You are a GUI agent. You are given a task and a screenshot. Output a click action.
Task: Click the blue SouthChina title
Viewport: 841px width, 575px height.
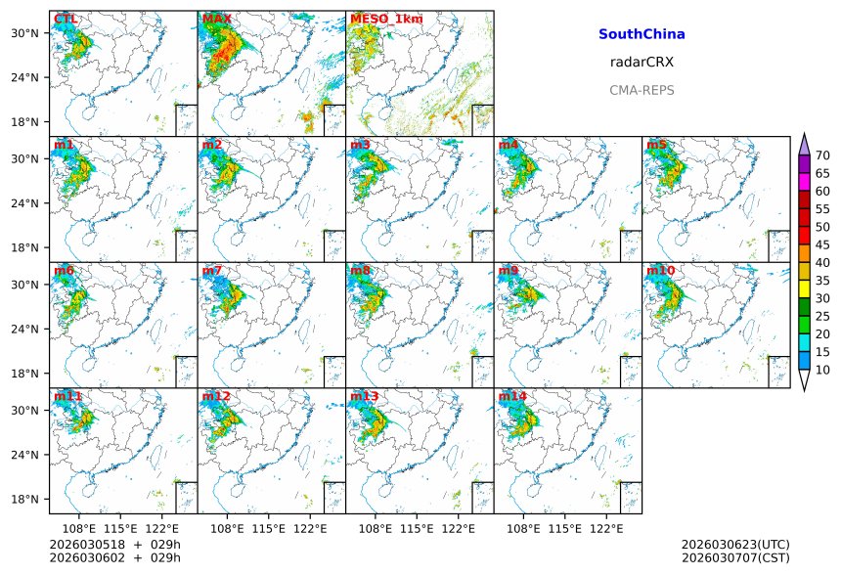pyautogui.click(x=642, y=34)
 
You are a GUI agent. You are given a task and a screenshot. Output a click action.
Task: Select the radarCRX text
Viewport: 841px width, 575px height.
pyautogui.click(x=642, y=62)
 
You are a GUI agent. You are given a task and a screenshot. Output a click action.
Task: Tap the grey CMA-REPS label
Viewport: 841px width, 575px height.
pyautogui.click(x=642, y=90)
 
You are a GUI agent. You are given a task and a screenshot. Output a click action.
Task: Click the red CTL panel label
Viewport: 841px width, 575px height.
pyautogui.click(x=65, y=19)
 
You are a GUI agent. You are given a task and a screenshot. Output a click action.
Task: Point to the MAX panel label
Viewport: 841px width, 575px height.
pyautogui.click(x=215, y=19)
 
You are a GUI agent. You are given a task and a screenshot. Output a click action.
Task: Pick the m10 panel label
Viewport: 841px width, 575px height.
pyautogui.click(x=660, y=270)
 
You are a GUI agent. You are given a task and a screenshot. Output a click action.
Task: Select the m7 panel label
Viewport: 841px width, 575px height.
pyautogui.click(x=212, y=270)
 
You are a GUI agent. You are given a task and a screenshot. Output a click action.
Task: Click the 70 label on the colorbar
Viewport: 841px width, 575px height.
pyautogui.click(x=822, y=155)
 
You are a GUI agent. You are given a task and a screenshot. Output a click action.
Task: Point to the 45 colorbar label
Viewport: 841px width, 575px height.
pyautogui.click(x=822, y=244)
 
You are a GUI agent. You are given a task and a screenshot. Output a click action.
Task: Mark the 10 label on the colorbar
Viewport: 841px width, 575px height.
pyautogui.click(x=822, y=370)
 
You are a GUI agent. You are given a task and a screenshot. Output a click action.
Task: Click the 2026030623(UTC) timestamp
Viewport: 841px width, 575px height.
pyautogui.click(x=735, y=544)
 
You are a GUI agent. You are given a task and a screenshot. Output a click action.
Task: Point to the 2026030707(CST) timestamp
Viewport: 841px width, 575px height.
pyautogui.click(x=735, y=557)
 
